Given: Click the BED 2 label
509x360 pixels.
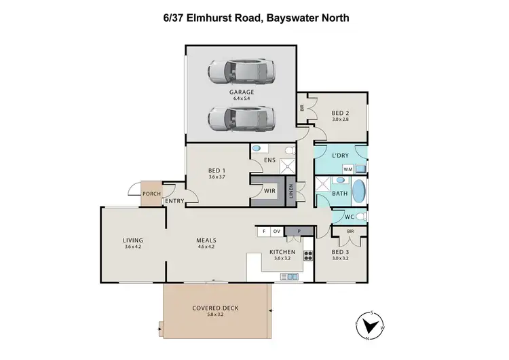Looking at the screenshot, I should (340, 113).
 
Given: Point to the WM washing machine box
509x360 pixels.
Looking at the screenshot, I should (347, 168).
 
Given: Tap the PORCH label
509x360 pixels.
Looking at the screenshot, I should (151, 194).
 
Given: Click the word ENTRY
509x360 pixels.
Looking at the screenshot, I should (174, 200).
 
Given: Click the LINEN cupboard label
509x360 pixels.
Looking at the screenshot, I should (291, 193).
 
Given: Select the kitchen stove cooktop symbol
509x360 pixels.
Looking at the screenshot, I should (307, 257).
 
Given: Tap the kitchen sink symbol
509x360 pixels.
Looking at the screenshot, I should (290, 276).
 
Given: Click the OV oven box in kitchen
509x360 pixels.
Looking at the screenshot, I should (276, 232).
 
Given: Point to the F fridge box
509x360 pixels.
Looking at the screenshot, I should (263, 232).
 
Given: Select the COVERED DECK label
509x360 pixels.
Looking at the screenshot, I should (215, 308).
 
